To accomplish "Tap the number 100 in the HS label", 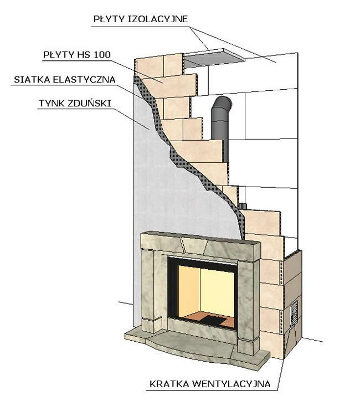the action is click(x=102, y=55).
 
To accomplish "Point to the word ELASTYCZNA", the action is click(x=84, y=80).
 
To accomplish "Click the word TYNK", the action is click(x=52, y=104).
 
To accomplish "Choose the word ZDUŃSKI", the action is click(x=89, y=104).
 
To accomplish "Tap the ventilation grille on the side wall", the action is click(x=294, y=315).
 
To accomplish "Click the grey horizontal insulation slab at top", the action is click(x=214, y=59).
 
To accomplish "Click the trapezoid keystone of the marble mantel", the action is click(x=194, y=245).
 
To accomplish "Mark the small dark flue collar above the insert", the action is click(x=243, y=206).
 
